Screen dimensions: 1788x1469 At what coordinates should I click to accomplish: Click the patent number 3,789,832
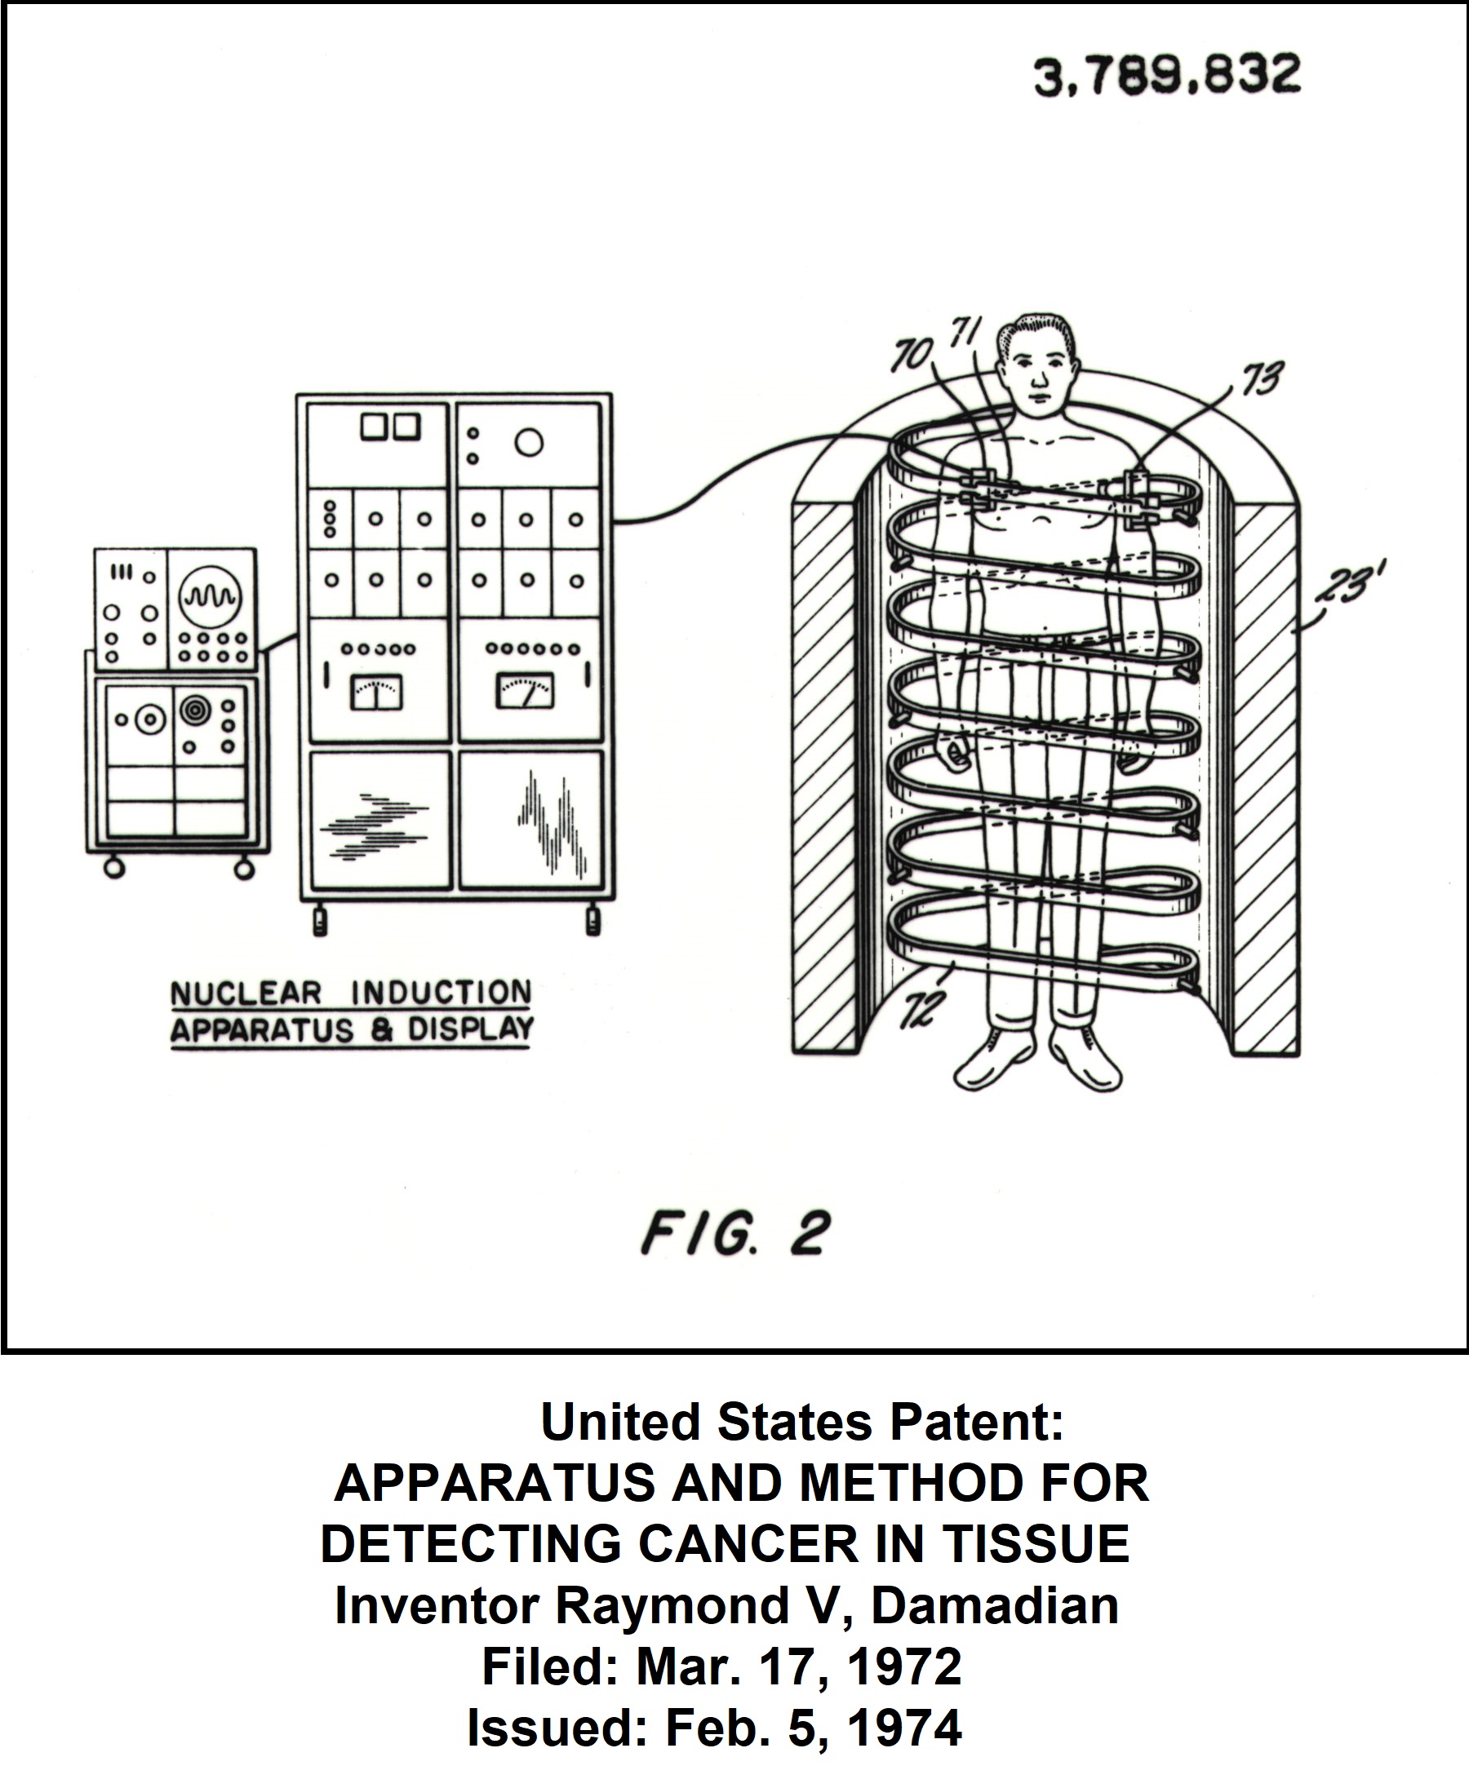pos(1167,75)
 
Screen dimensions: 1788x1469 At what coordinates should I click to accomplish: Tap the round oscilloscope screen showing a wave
pos(209,597)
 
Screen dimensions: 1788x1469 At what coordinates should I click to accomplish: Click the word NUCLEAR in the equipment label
pos(246,994)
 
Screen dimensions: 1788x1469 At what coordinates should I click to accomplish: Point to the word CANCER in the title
pos(748,1543)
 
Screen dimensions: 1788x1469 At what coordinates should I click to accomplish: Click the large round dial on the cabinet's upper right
pos(529,442)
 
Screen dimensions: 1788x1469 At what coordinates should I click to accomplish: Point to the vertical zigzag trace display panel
pos(530,820)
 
